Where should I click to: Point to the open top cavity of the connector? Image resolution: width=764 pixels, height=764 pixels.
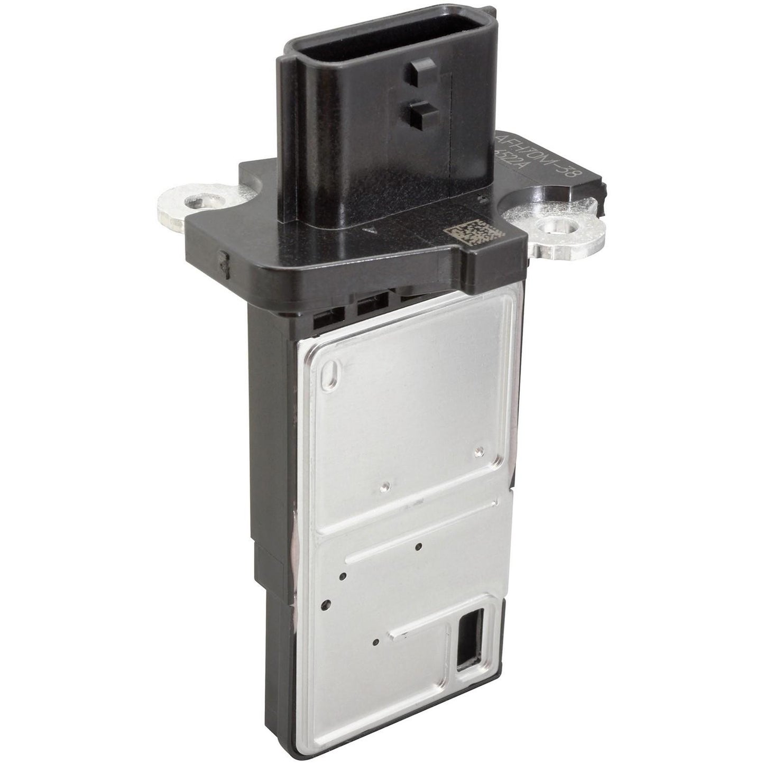pyautogui.click(x=344, y=50)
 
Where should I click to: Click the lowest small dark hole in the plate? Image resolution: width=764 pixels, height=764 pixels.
pyautogui.click(x=375, y=643)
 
